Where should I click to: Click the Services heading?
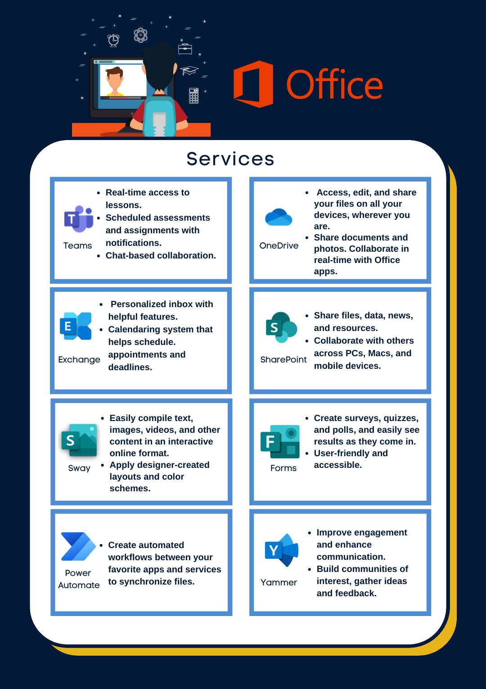230,159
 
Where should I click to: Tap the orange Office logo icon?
253,84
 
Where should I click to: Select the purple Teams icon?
79,219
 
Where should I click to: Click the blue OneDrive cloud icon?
279,217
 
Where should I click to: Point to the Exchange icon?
76,326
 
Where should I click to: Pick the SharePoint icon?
281,327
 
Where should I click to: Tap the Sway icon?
79,440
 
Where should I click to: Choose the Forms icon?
280,442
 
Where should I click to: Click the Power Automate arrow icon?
78,546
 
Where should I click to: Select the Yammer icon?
281,550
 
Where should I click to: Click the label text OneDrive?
279,245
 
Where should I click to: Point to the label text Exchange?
79,359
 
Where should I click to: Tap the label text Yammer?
279,582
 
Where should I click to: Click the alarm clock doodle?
113,40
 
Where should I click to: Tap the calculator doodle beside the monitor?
193,95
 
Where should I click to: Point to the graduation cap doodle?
189,70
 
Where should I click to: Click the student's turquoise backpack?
159,116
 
